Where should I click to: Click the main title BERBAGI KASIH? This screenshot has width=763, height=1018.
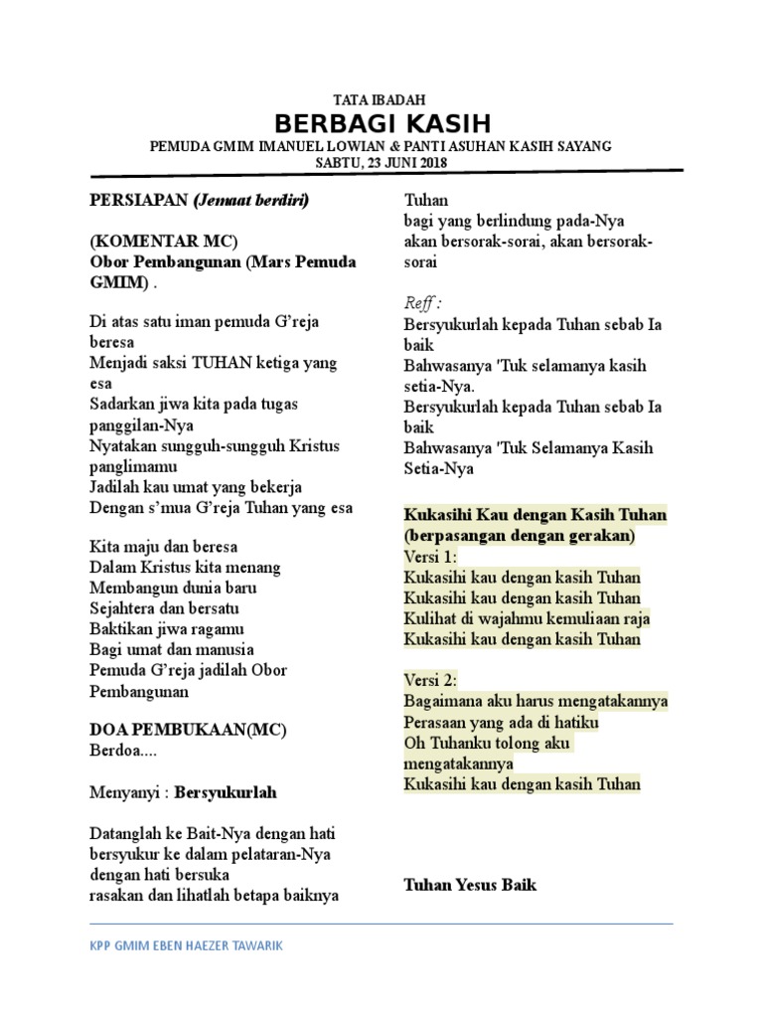pos(381,123)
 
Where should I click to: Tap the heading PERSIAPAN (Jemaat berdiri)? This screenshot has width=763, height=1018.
pos(200,200)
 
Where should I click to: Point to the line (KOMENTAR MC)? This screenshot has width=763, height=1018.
pos(164,242)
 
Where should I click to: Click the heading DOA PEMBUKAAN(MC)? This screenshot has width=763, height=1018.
pos(188,731)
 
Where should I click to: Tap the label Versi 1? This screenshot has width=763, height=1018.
pos(430,557)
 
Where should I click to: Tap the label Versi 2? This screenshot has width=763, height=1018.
pos(430,681)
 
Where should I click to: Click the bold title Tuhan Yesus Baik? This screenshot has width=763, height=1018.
pos(470,884)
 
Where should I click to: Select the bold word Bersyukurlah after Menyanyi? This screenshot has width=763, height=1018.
pos(226,792)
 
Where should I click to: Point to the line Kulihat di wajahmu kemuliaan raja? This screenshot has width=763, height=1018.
pos(527,618)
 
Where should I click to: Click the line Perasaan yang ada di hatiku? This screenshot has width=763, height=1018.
pos(501,723)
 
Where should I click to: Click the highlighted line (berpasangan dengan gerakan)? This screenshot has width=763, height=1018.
pos(520,536)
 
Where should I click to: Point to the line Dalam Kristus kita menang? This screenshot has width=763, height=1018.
pos(185,568)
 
